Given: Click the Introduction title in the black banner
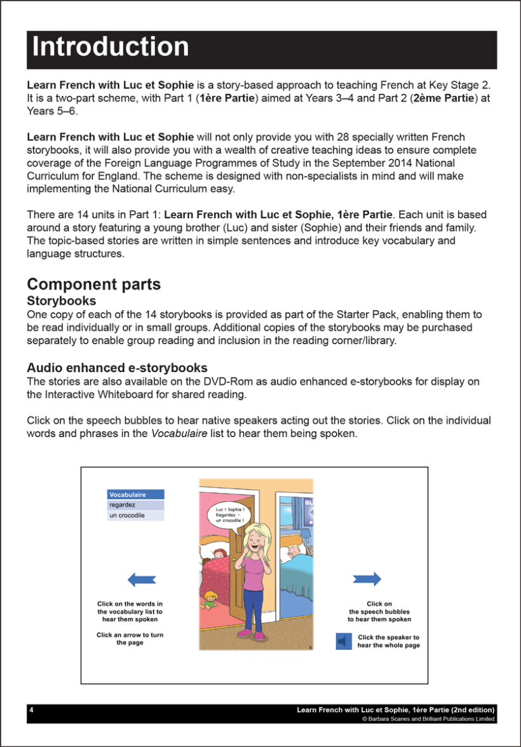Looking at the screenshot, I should tap(111, 48).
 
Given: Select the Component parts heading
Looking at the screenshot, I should tap(93, 285).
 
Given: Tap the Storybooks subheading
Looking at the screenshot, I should tap(62, 300).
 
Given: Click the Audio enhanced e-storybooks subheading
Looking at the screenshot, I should tap(117, 368).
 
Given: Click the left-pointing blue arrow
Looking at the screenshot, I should tap(142, 579).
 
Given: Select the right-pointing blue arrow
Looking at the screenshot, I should tap(367, 579).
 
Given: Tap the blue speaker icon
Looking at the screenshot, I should tap(344, 642).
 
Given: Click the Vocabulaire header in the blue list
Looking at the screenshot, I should tap(136, 494).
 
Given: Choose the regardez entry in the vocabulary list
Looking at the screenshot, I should tap(136, 505).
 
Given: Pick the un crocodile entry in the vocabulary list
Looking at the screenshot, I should tap(136, 516).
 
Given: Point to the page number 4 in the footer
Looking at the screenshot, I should tap(32, 710).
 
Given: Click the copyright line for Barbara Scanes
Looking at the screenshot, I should tap(428, 719).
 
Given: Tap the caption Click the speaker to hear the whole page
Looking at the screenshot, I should tap(388, 642).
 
